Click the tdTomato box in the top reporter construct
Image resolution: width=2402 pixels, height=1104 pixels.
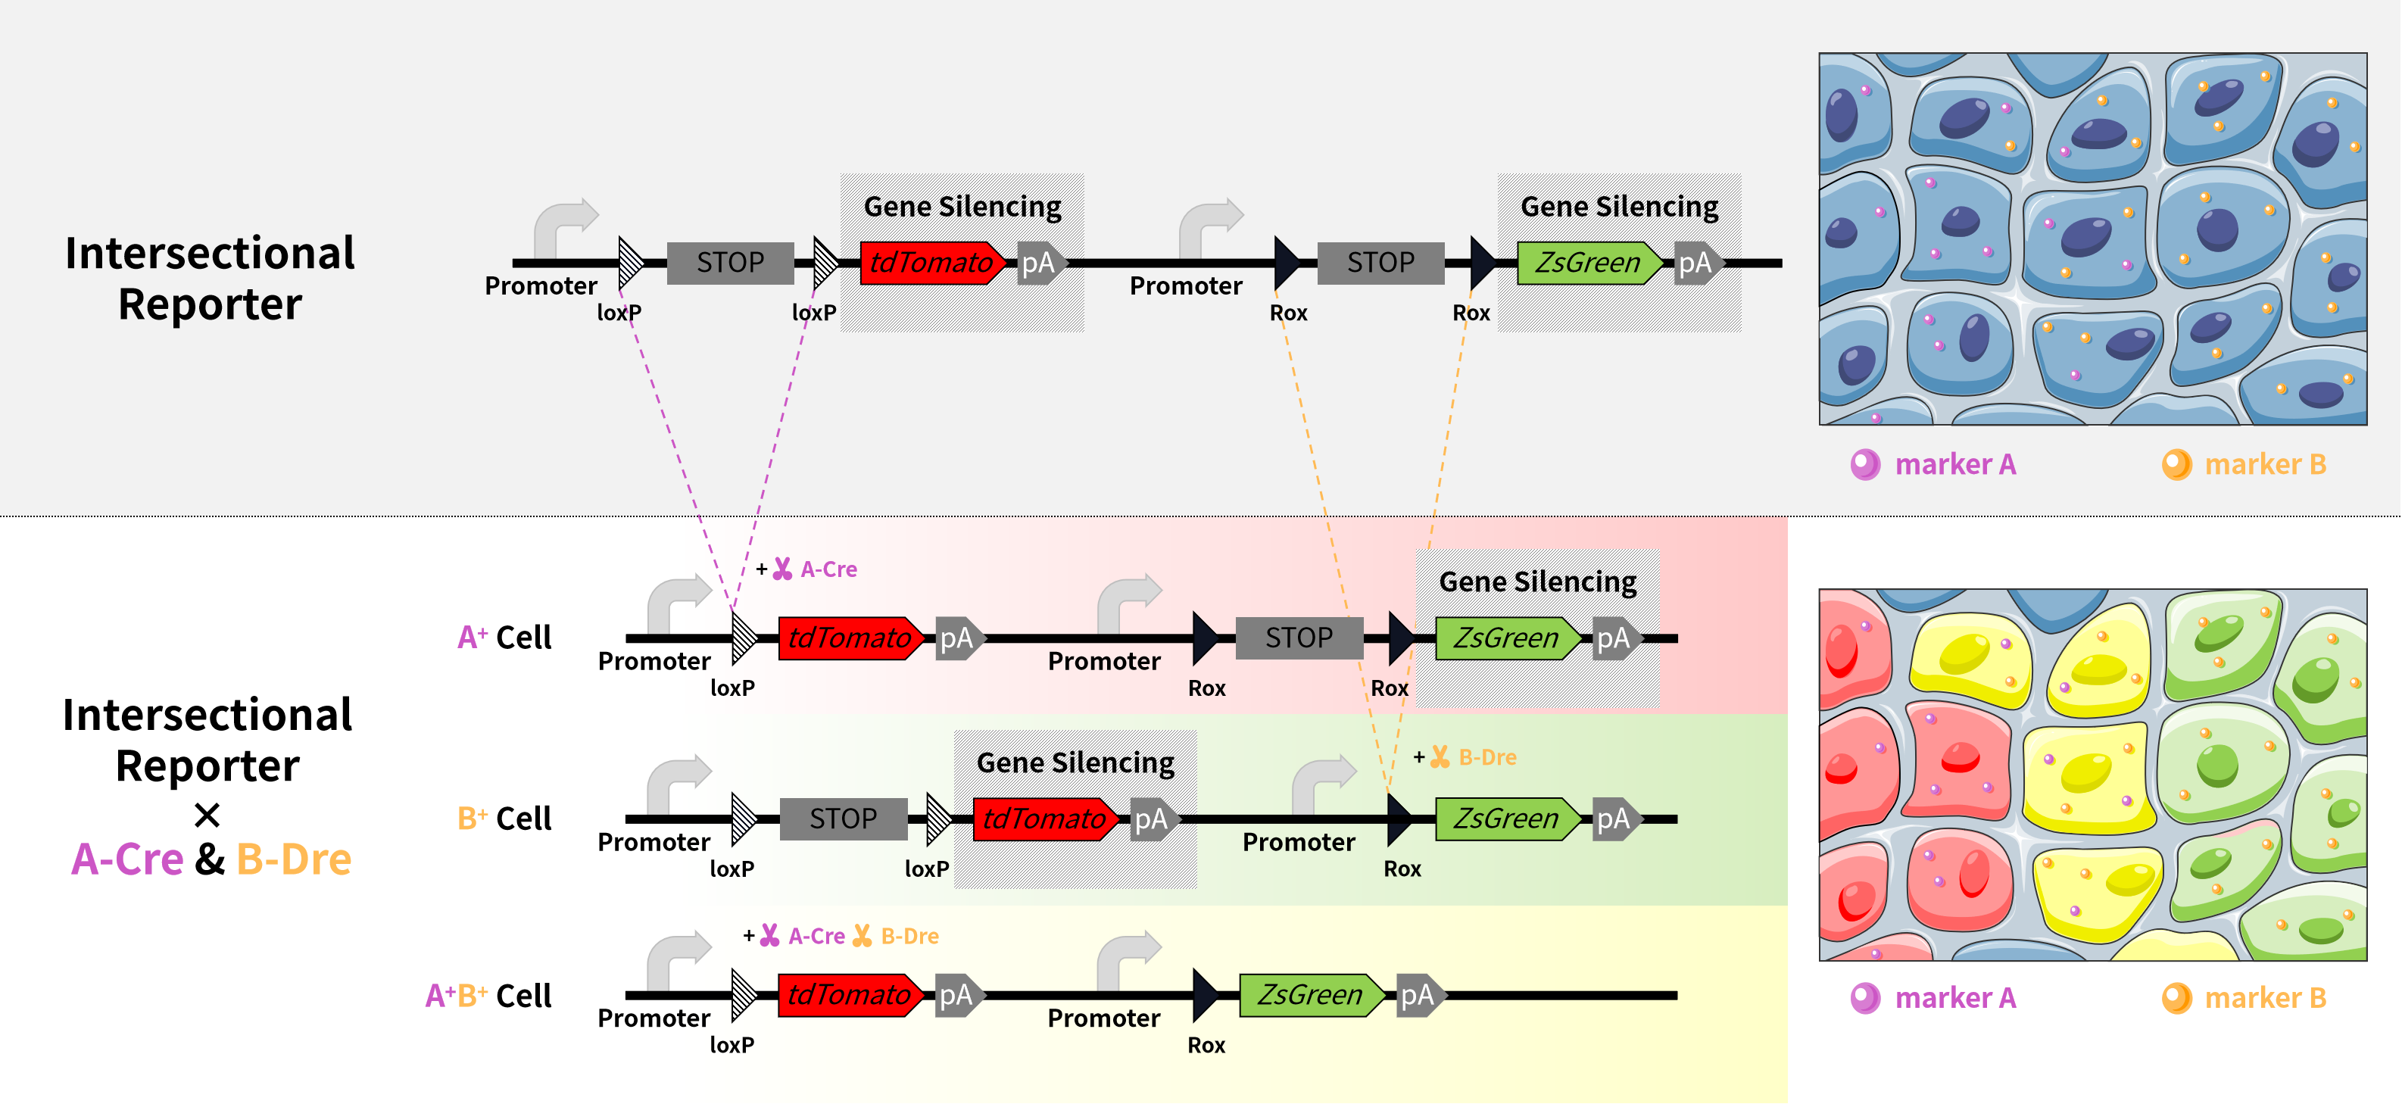(931, 263)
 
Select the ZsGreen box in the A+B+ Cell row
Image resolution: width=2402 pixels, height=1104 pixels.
(1309, 995)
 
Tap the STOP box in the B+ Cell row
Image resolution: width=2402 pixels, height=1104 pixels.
(843, 819)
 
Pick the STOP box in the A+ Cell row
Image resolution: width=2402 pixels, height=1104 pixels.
(1298, 638)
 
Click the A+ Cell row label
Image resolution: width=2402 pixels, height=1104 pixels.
(504, 638)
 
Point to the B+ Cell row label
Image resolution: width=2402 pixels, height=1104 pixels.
(504, 819)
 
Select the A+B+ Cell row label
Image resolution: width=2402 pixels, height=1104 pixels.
(488, 996)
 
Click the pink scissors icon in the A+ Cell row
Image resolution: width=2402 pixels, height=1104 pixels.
(782, 569)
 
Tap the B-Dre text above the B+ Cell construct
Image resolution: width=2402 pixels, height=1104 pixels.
(1487, 757)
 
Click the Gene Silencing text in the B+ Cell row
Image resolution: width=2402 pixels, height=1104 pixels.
(1075, 763)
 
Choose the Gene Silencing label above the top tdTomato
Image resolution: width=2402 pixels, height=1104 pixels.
(962, 206)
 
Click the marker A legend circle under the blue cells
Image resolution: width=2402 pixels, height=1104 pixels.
(1865, 463)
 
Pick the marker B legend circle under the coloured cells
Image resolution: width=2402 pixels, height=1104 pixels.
(2176, 998)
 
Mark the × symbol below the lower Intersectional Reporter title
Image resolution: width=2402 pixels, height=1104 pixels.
(207, 815)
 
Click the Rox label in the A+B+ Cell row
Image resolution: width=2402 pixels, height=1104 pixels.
(1206, 1045)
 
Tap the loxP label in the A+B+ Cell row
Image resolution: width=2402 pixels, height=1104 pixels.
(732, 1045)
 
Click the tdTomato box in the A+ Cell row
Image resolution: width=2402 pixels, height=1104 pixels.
(849, 638)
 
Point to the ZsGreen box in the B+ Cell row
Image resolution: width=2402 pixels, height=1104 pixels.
(1505, 819)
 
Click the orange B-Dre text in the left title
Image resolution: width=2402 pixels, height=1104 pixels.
(294, 859)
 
